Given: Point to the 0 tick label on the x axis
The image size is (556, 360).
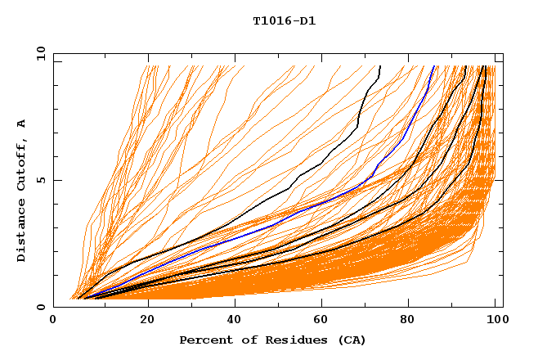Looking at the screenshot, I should tap(53, 322).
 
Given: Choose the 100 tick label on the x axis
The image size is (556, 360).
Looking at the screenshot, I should tap(496, 322).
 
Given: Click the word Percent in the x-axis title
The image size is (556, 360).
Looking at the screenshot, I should tap(204, 340).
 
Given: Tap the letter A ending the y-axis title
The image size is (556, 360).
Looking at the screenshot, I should tap(21, 124).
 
